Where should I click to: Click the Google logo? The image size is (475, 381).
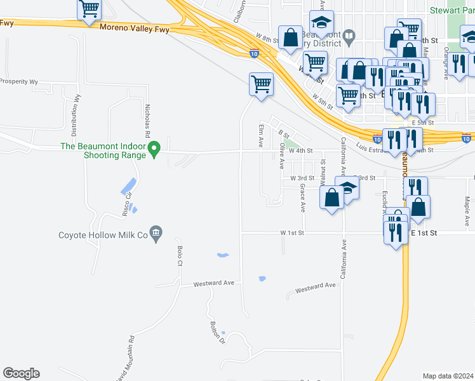pyautogui.click(x=21, y=373)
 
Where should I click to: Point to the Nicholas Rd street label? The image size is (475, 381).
pyautogui.click(x=147, y=121)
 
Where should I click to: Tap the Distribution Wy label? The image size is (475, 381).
pyautogui.click(x=75, y=116)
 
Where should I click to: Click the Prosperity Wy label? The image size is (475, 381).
pyautogui.click(x=19, y=82)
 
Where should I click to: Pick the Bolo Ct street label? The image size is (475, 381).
pyautogui.click(x=180, y=255)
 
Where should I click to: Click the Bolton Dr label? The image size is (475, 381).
pyautogui.click(x=218, y=332)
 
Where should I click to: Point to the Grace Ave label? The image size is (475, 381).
pyautogui.click(x=303, y=197)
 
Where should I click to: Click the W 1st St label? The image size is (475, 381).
pyautogui.click(x=293, y=233)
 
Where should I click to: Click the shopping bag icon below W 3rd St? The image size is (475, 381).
pyautogui.click(x=332, y=197)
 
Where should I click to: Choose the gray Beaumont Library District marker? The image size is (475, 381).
pyautogui.click(x=349, y=39)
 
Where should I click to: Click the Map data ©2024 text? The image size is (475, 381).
pyautogui.click(x=448, y=376)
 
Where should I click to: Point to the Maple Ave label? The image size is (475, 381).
pyautogui.click(x=467, y=212)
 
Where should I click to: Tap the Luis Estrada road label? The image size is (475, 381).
pyautogui.click(x=371, y=148)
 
